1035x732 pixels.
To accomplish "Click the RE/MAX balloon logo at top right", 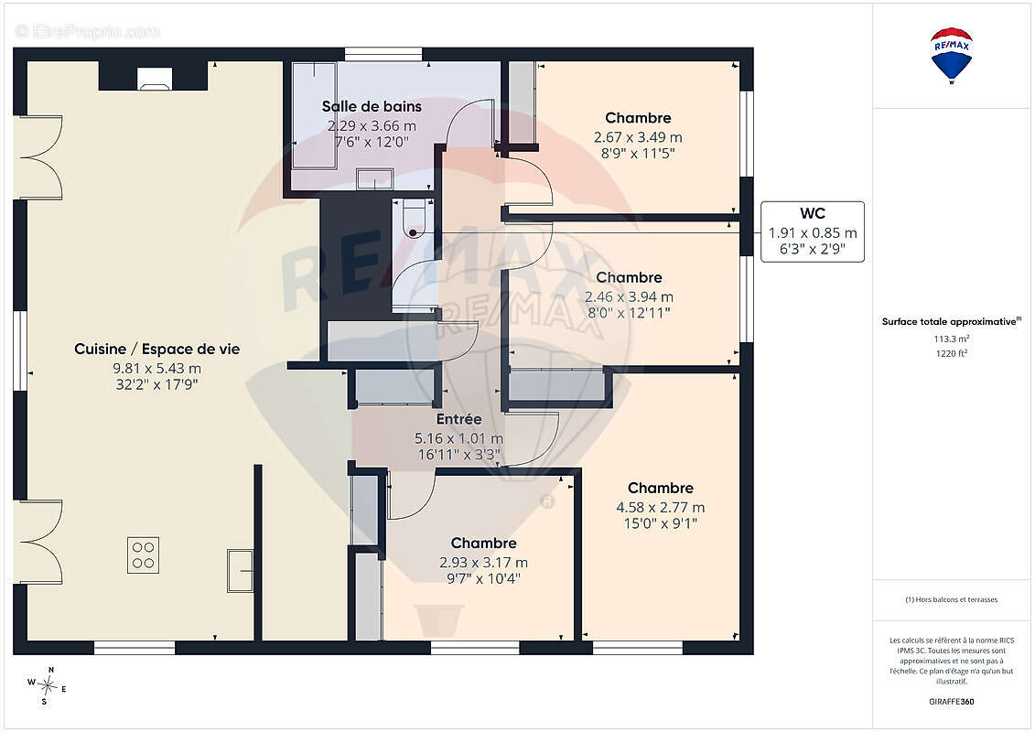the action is coord(951,56).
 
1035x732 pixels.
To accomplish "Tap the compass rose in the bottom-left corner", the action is coord(47,686).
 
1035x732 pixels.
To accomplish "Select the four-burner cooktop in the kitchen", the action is coord(144,555).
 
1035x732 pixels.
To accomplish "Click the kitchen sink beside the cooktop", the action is coord(241,570).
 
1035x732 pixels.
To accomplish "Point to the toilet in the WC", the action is coord(415,218).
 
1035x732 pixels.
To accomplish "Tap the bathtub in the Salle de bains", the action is coord(314,116).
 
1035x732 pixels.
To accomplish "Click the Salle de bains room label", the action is coord(372,106).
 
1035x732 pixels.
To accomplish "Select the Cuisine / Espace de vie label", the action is coord(157,350).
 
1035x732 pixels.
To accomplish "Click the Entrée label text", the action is coord(458,419).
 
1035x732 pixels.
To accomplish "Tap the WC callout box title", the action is coord(813,213).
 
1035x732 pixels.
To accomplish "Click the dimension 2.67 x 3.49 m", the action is coord(638,137).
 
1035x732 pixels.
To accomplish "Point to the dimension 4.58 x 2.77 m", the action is coord(660,508).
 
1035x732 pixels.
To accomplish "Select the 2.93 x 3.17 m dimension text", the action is coord(484,563).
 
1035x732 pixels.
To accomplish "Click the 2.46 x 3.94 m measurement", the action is coord(629,297).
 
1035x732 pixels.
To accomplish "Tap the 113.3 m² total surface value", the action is coord(951,339).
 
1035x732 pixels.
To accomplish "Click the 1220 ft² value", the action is coord(951,353).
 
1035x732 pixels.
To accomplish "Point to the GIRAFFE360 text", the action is coord(951,702).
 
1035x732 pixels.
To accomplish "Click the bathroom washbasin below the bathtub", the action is coord(375,179).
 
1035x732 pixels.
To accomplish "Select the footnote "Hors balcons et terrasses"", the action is coord(951,599).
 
